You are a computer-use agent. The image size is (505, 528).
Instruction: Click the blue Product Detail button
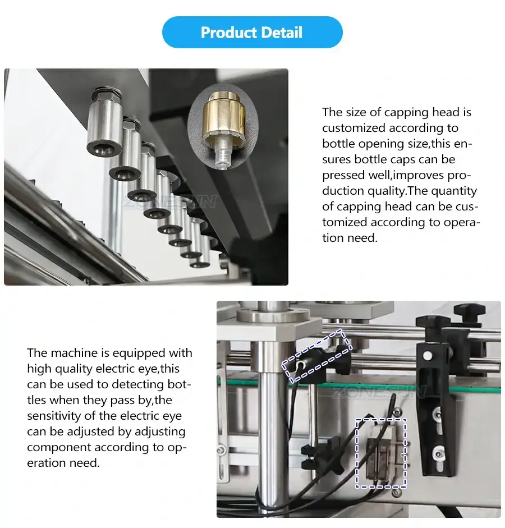point(252,33)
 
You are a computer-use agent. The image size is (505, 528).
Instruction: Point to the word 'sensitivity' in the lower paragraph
point(56,416)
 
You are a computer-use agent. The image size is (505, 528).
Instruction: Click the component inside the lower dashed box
point(381,452)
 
